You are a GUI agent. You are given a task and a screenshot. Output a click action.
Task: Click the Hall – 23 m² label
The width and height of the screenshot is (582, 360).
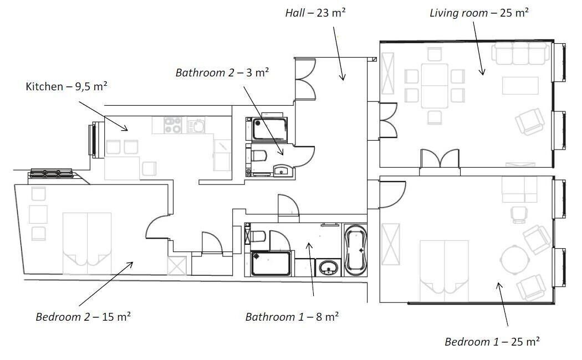(x=315, y=13)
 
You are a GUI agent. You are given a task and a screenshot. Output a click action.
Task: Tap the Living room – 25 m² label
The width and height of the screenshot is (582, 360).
(x=479, y=13)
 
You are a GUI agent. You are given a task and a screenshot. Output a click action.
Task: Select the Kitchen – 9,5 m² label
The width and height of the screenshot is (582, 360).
(x=67, y=86)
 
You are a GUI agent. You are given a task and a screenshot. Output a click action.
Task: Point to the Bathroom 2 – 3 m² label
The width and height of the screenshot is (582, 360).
(x=222, y=73)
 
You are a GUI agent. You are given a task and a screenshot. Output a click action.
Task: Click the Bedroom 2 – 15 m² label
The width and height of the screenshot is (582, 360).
(x=83, y=317)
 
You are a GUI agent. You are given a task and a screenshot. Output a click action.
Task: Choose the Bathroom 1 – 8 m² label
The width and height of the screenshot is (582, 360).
(x=292, y=317)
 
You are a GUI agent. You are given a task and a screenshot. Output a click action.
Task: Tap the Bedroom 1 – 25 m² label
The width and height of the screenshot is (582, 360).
(x=492, y=342)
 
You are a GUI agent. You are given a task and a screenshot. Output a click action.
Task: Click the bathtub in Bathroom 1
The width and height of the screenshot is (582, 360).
(x=356, y=250)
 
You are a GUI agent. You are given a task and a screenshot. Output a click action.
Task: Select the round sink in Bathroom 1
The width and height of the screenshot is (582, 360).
(x=328, y=268)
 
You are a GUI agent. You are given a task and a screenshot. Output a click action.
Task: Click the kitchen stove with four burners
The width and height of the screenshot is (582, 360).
(x=172, y=125)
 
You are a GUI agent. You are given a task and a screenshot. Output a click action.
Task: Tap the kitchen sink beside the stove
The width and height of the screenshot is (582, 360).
(x=196, y=125)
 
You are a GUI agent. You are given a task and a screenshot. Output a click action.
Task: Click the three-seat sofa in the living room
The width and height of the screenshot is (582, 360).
(x=520, y=53)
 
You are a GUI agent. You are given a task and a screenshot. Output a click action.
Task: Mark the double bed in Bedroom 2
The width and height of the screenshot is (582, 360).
(x=87, y=243)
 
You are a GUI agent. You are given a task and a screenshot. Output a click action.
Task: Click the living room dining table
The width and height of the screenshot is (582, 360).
(x=435, y=86)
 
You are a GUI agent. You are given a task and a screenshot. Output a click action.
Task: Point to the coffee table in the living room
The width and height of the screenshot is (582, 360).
(x=520, y=86)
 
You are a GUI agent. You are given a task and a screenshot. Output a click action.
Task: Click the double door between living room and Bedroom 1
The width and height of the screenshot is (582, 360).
(x=440, y=159)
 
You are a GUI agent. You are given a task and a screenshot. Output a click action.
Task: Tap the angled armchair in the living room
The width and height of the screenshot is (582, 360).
(x=530, y=122)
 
